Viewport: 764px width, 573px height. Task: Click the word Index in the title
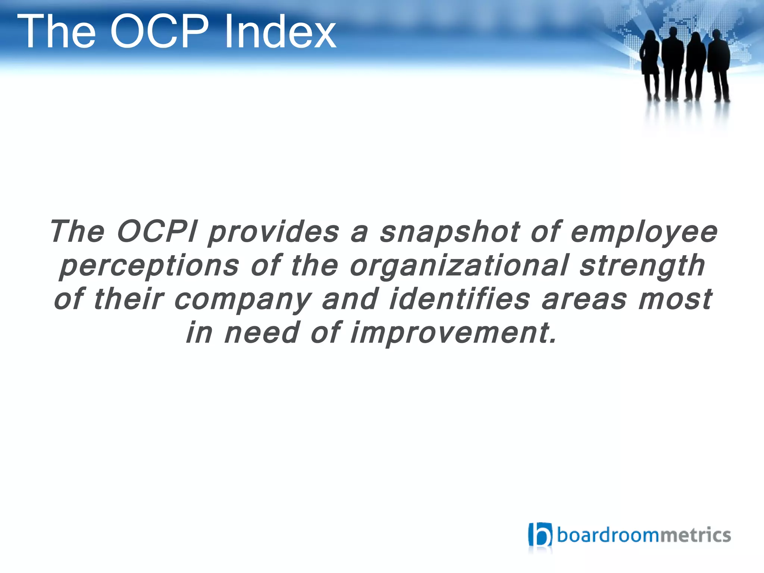pyautogui.click(x=280, y=31)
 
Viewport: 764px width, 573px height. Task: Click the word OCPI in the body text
pyautogui.click(x=157, y=232)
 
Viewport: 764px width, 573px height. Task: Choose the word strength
pyautogui.click(x=642, y=266)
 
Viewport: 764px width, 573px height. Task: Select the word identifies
pyautogui.click(x=459, y=299)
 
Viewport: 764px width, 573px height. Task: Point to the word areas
pyautogui.click(x=584, y=300)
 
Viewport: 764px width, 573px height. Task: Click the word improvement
pyautogui.click(x=453, y=333)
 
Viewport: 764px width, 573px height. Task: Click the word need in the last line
pyautogui.click(x=262, y=333)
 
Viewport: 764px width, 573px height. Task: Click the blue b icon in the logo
pyautogui.click(x=540, y=535)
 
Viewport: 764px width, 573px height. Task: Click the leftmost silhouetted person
pyautogui.click(x=650, y=63)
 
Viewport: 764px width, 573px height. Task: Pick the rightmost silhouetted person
pyautogui.click(x=718, y=63)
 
